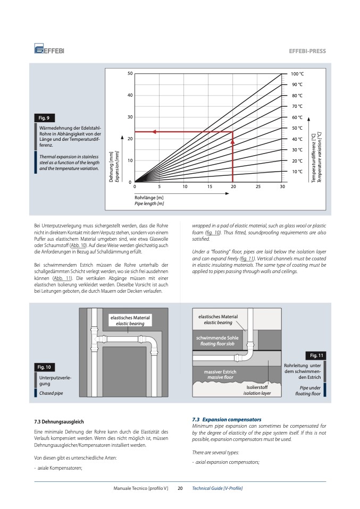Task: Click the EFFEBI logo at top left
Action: (x=49, y=50)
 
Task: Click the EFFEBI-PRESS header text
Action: (x=307, y=51)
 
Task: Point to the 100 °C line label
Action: (x=297, y=73)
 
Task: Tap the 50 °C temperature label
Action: (x=297, y=128)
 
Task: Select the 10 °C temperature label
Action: (x=297, y=172)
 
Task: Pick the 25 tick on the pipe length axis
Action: (x=258, y=187)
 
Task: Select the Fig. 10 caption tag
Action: (x=44, y=367)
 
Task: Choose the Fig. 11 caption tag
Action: (x=314, y=355)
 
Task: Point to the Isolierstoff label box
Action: (x=257, y=391)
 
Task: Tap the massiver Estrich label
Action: (x=220, y=375)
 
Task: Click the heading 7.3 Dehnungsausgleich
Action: (x=58, y=422)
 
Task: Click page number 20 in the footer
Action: (x=180, y=488)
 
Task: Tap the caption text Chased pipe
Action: (x=51, y=394)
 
